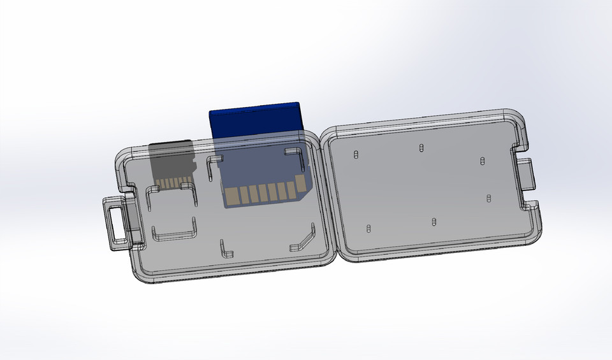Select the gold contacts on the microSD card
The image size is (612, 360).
[170, 183]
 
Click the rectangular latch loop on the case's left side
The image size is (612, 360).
[115, 224]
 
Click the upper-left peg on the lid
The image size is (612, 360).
[355, 155]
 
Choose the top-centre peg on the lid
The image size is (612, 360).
[421, 148]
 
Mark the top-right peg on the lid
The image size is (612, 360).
[483, 161]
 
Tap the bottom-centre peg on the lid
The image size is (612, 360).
[433, 222]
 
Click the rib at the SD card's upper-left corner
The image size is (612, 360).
[212, 167]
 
